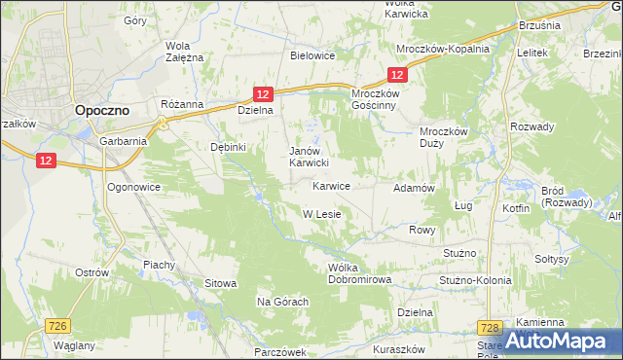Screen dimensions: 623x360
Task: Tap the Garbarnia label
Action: tap(123, 140)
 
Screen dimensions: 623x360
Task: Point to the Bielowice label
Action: tap(312, 55)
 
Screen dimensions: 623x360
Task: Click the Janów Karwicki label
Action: tap(313, 157)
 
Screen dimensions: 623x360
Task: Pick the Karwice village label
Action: tap(331, 185)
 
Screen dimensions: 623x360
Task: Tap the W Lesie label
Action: tap(320, 214)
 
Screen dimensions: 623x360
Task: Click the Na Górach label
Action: tap(282, 302)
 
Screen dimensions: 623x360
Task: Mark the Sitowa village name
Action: tap(220, 283)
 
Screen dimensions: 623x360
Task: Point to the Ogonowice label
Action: tap(133, 185)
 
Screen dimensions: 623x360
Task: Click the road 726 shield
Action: tap(57, 328)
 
